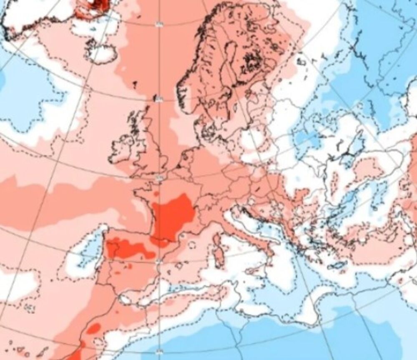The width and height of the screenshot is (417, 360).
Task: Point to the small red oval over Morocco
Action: (x=94, y=328)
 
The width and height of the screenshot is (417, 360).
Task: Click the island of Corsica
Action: (x=217, y=242)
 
